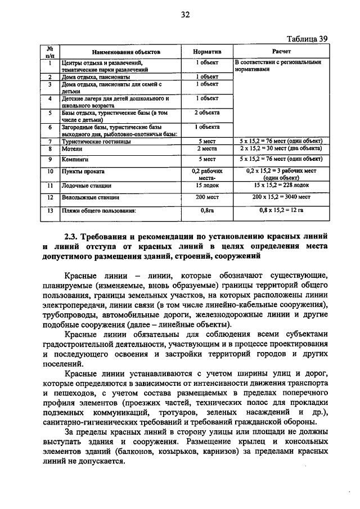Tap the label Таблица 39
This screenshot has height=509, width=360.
307,39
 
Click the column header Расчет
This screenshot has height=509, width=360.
280,51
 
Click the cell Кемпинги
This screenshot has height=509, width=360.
74,160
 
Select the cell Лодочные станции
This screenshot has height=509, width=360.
86,185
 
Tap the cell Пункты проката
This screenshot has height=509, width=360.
80,171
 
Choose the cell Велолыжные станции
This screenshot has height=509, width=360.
90,197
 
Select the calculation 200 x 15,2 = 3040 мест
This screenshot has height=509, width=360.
281,197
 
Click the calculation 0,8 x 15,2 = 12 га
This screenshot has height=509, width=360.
281,211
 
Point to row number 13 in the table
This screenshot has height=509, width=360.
49,211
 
